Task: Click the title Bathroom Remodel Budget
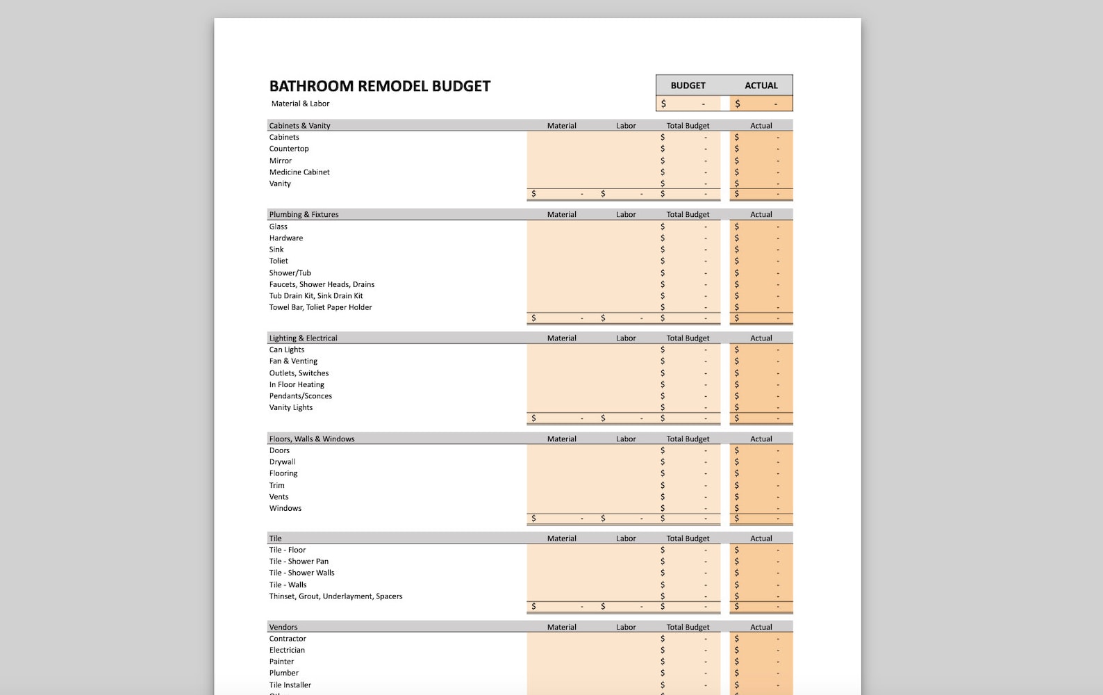(379, 86)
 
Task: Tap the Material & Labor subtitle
(300, 104)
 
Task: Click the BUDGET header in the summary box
(688, 85)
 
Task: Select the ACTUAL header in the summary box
(761, 85)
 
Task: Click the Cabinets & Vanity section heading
(299, 126)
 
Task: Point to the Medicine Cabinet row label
(299, 172)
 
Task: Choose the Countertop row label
(289, 149)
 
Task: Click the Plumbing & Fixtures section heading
(304, 215)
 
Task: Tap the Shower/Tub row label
(290, 273)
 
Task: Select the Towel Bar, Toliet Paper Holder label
(320, 307)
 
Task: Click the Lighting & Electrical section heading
(303, 338)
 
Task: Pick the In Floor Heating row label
(297, 384)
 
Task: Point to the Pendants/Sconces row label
(300, 396)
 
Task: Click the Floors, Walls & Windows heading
(311, 439)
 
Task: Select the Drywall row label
(282, 462)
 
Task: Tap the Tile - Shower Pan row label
(299, 562)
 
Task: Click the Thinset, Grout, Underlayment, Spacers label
(335, 596)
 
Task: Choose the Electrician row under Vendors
(287, 651)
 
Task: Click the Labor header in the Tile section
(625, 539)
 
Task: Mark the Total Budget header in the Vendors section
(688, 627)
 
